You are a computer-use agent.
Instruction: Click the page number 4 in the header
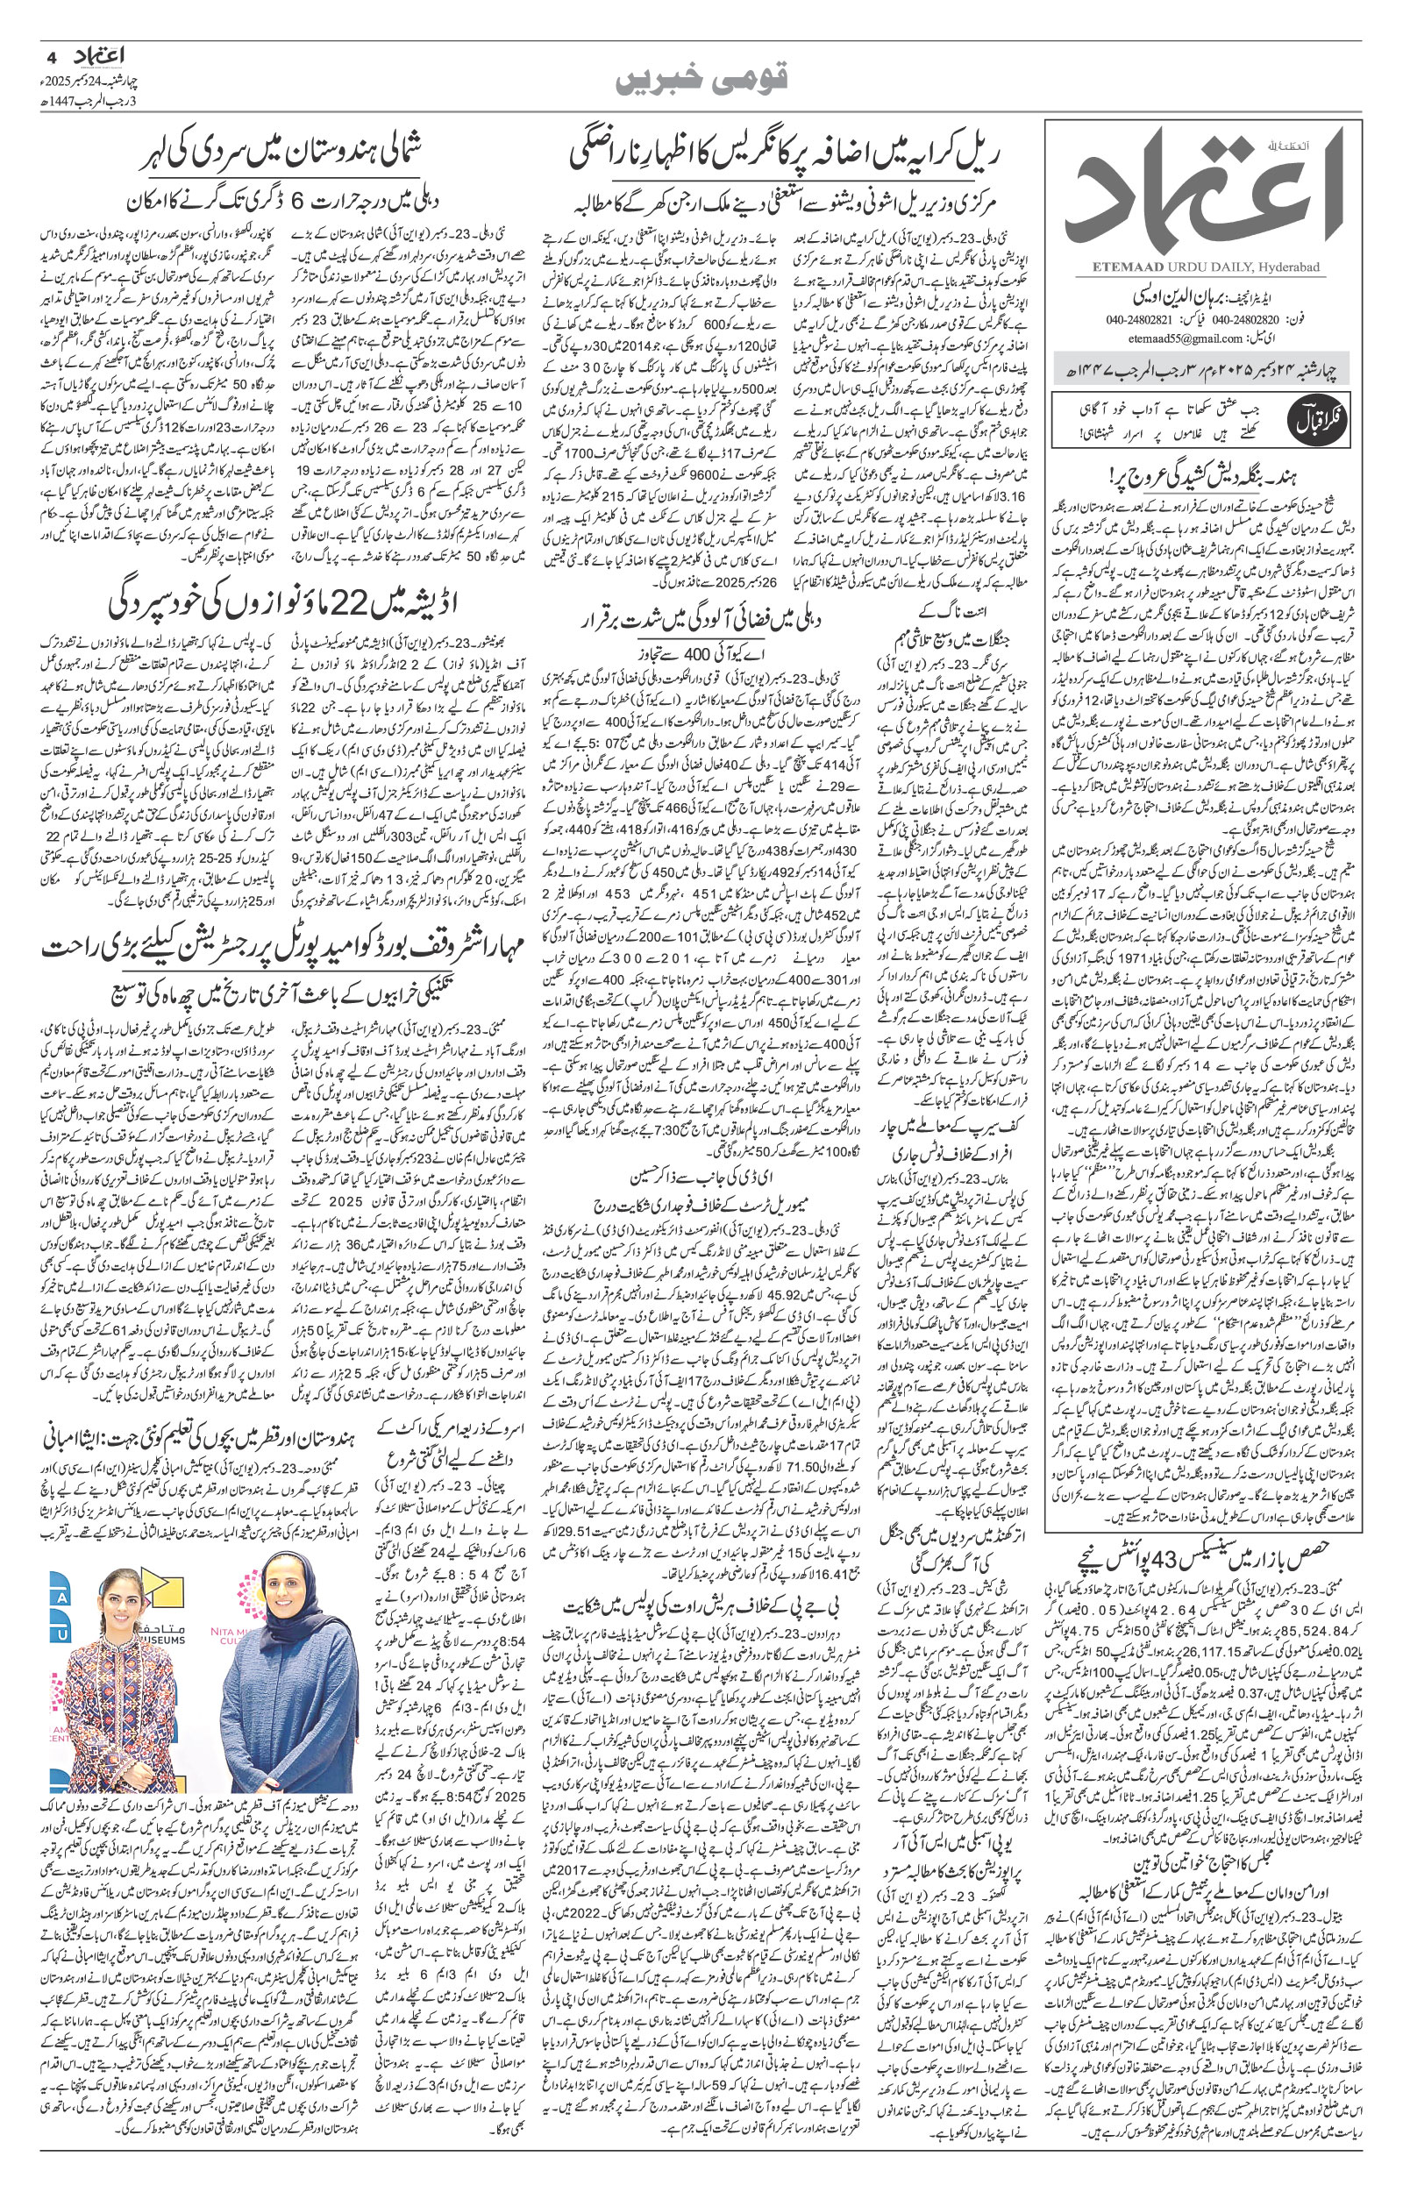pos(51,54)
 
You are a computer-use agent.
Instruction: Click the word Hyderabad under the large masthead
pos(1293,266)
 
